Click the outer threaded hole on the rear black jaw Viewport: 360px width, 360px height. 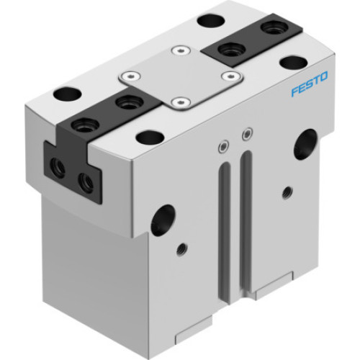[271, 28]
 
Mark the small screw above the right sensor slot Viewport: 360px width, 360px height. [248, 133]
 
